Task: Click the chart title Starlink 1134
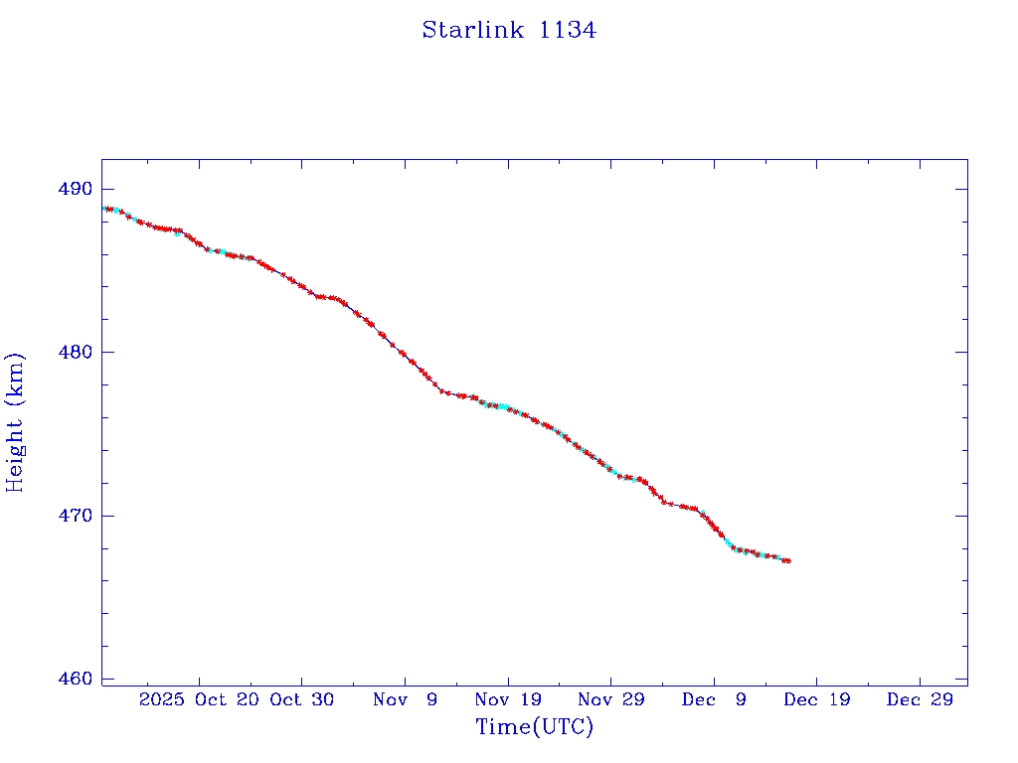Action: (x=509, y=30)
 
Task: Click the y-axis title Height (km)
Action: (x=16, y=421)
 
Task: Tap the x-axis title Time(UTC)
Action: (x=534, y=727)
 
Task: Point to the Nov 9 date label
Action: (x=405, y=699)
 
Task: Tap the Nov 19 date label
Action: (x=508, y=699)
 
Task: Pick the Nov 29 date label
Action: (x=610, y=699)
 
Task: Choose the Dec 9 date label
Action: (x=714, y=699)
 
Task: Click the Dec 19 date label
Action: (x=816, y=699)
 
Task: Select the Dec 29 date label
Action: (x=920, y=699)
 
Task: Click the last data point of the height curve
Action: (x=787, y=561)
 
